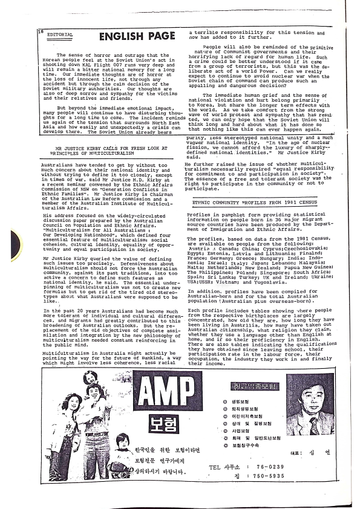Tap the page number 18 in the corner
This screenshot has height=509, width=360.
(x=42, y=31)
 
